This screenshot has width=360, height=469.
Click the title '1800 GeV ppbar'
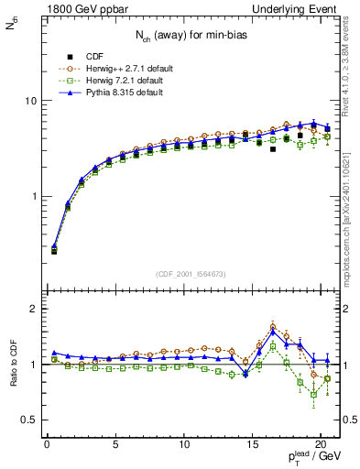click(x=80, y=9)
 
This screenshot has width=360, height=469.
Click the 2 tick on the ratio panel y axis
click(x=28, y=309)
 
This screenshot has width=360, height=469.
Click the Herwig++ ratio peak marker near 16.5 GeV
click(x=273, y=326)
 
